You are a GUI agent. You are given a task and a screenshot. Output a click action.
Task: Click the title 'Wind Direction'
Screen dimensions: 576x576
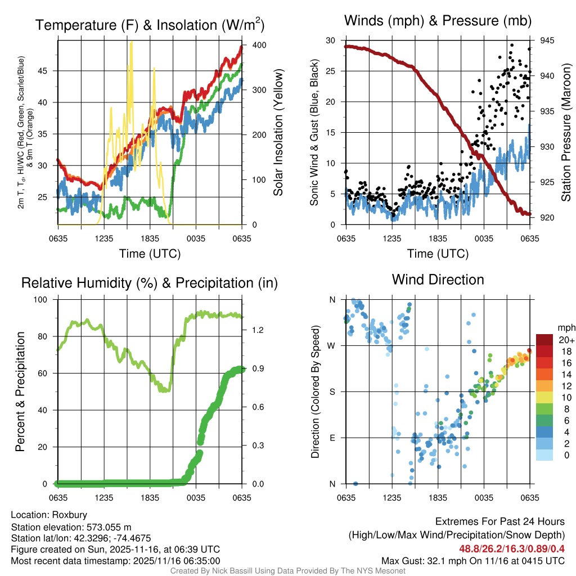[x=438, y=280]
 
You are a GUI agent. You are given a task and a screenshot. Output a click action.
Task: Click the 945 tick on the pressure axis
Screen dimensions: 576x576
[x=547, y=40]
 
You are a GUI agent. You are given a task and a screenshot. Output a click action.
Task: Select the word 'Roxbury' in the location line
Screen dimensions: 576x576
[x=70, y=515]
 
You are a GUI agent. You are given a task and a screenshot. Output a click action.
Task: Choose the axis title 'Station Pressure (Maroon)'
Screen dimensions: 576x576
[x=566, y=132]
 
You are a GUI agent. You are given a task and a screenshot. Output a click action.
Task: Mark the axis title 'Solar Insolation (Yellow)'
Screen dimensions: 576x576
[x=278, y=132]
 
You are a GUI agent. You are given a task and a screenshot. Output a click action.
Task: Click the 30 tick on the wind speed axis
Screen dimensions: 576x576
[x=331, y=40]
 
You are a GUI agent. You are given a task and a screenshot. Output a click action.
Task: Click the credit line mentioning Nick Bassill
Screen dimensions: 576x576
[x=287, y=571]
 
